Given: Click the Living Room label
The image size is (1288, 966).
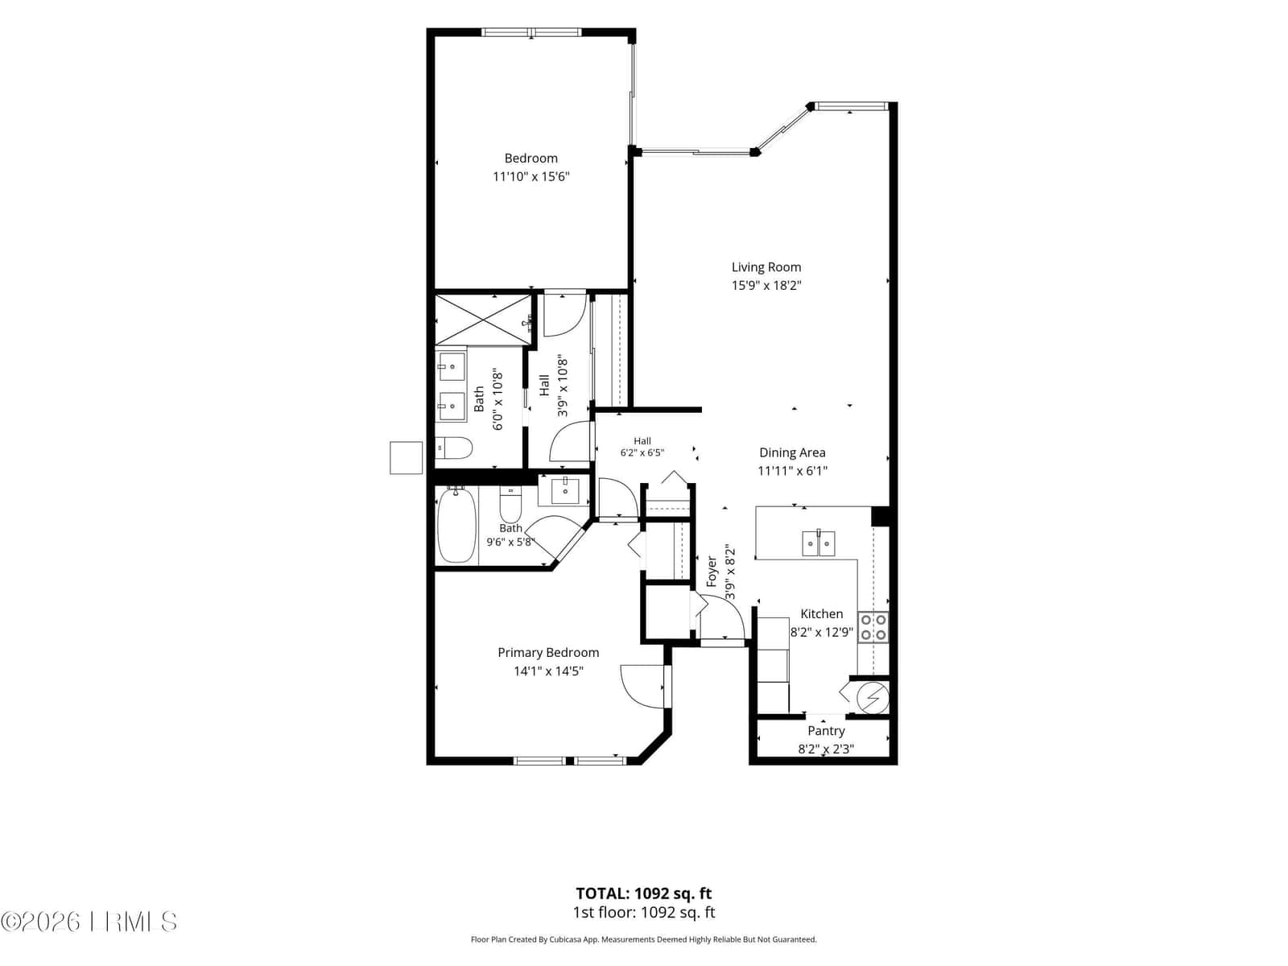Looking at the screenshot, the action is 766,267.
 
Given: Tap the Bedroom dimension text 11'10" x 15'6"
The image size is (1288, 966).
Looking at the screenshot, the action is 531,176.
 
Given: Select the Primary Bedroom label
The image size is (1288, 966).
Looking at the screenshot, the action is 548,653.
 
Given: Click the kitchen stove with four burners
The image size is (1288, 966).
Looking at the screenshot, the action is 873,627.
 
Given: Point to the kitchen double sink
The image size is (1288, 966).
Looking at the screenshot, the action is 819,543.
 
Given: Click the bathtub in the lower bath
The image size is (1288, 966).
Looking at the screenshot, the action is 456,526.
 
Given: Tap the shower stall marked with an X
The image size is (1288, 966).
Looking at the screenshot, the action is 483,320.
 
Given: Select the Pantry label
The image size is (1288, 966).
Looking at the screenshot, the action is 826,731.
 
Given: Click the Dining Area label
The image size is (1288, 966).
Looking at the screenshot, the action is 792,452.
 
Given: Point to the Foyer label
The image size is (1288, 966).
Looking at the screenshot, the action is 712,572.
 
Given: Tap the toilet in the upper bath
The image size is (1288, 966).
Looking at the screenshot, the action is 454,449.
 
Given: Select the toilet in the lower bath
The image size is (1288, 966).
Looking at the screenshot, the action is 510,505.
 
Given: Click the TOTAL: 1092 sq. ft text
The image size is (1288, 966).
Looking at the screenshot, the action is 644,894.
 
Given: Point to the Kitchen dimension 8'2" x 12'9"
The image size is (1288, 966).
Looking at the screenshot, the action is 822,632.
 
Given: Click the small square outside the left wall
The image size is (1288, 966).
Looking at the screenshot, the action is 406,457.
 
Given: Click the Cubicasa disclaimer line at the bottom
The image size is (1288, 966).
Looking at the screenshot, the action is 644,939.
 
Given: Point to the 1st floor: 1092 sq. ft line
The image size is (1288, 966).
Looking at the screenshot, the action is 644,912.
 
